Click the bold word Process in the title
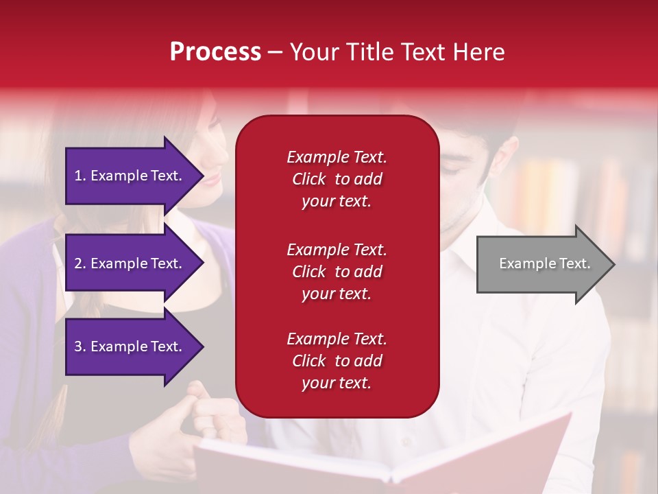215,52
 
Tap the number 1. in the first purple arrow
80,176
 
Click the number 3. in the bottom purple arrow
80,346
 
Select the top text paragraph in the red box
337,179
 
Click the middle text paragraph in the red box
337,272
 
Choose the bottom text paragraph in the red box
337,361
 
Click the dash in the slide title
276,53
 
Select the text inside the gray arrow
544,263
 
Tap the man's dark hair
493,130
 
